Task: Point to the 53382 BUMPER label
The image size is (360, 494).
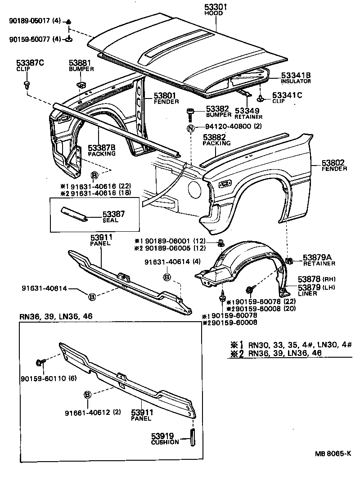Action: click(218, 112)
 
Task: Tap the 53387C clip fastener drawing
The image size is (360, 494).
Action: click(27, 85)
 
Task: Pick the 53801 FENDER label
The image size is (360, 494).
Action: click(166, 99)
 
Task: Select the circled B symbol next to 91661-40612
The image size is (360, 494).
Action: click(88, 395)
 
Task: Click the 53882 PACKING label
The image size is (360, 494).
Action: click(216, 139)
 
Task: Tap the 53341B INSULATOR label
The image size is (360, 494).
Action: click(296, 78)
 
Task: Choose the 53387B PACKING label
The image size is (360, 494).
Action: click(102, 150)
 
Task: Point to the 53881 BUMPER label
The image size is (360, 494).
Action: click(81, 66)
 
